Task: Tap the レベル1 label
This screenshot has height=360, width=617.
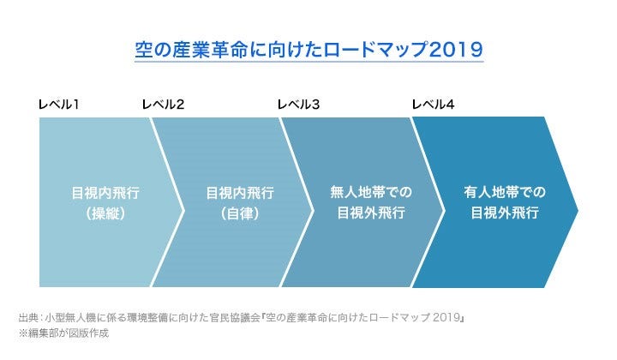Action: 59,105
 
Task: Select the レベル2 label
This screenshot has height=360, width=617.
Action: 163,105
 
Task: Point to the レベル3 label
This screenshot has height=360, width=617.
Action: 298,105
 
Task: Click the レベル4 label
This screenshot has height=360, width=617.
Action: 434,105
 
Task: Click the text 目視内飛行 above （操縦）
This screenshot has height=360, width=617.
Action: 105,193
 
